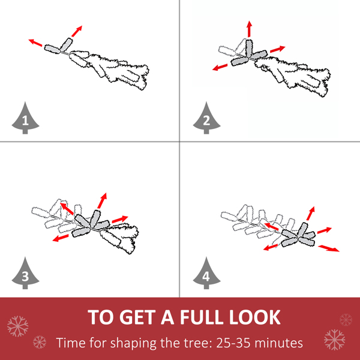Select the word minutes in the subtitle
[279, 343]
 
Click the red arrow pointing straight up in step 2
[250, 29]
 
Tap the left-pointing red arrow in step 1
[35, 43]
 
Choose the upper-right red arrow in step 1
[77, 31]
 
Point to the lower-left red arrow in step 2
[220, 67]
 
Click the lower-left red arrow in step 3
[61, 238]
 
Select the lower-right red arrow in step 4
[329, 248]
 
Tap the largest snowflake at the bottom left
[17, 326]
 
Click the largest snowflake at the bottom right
[334, 340]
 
